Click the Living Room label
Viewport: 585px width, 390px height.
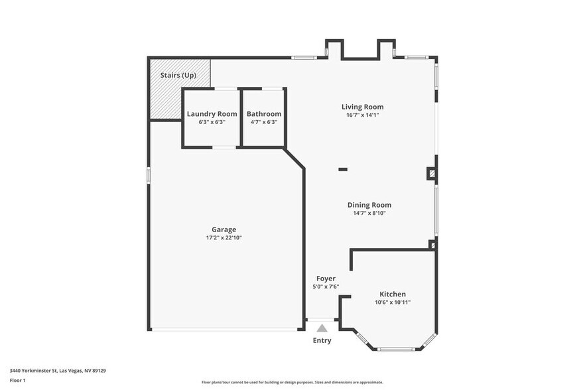pos(362,107)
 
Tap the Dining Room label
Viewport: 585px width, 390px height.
pos(369,205)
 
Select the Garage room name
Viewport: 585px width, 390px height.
pos(224,229)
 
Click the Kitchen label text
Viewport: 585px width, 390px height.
pos(393,294)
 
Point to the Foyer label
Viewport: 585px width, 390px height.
pos(326,279)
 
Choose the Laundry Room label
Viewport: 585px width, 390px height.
pos(212,114)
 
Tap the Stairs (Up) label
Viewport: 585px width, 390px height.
pos(178,76)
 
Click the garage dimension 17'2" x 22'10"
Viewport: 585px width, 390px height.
pos(224,237)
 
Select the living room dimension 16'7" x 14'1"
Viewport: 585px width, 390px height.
pos(362,115)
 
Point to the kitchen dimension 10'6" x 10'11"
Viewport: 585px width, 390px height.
pos(393,302)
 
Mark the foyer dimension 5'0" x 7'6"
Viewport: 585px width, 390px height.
pos(326,287)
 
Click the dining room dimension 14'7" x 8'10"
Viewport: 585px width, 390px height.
pos(369,213)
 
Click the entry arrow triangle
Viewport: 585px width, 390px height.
pos(322,328)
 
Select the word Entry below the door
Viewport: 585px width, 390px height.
pos(322,340)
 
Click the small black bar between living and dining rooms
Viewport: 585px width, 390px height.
pos(343,169)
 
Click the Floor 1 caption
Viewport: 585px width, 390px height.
pos(17,380)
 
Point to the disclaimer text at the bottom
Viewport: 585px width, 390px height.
pos(292,383)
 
